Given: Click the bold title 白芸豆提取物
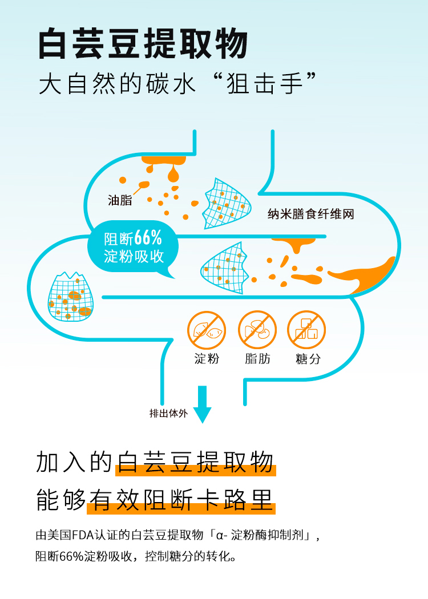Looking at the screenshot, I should pyautogui.click(x=143, y=44).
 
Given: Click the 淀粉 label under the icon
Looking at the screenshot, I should pyautogui.click(x=207, y=359).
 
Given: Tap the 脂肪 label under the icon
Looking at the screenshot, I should pyautogui.click(x=257, y=359).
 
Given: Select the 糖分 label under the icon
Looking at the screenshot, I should pyautogui.click(x=307, y=359).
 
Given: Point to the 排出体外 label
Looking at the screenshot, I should pyautogui.click(x=168, y=414).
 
